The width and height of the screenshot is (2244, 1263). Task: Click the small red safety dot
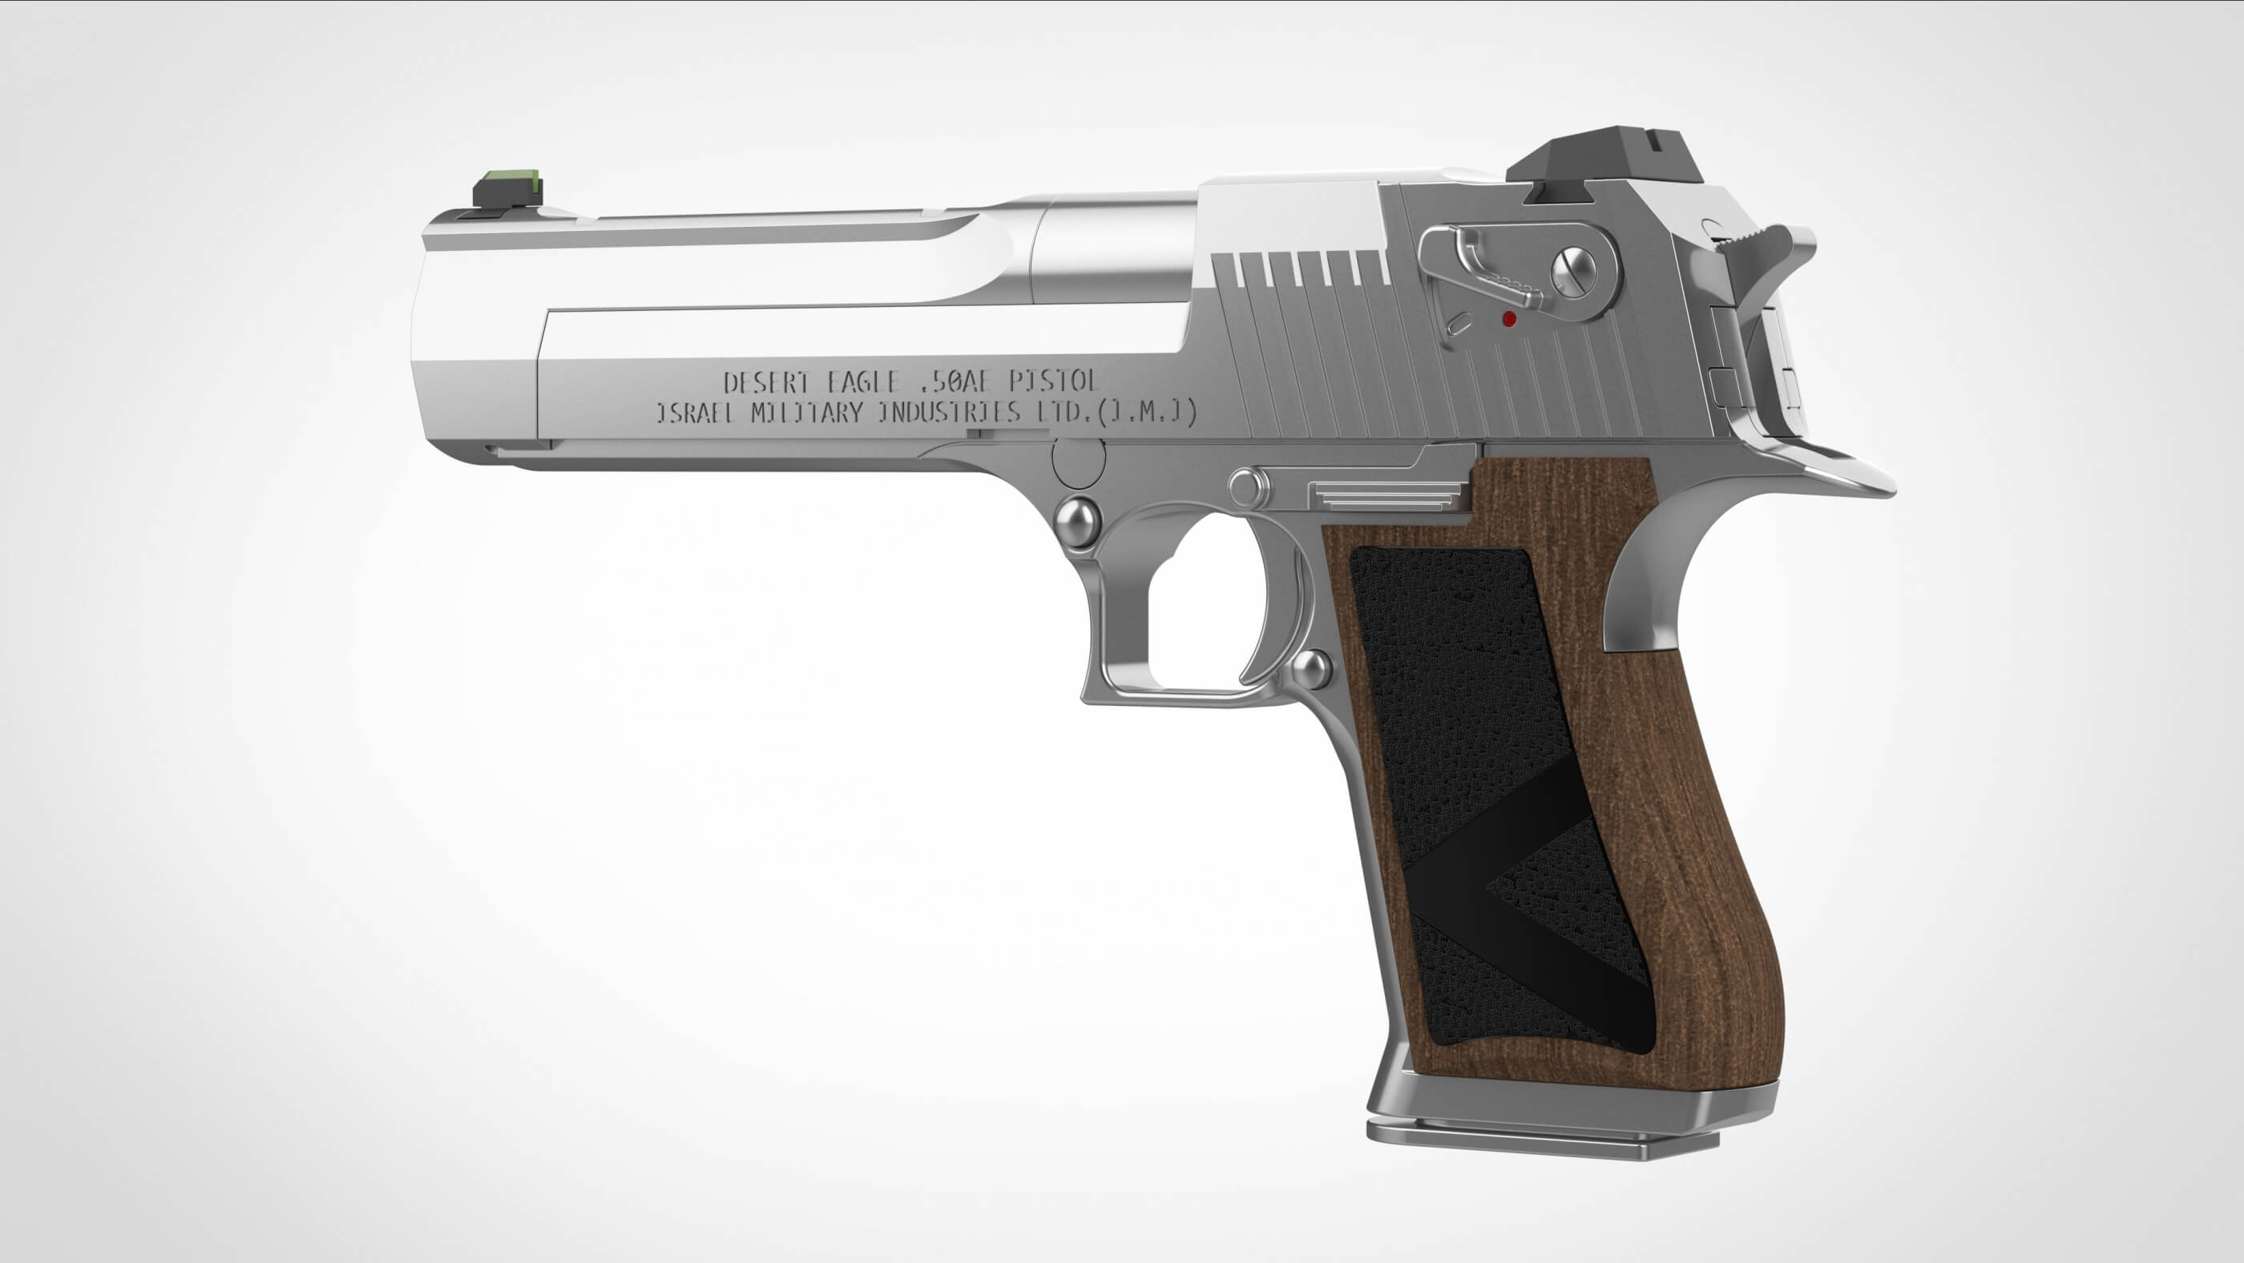tap(1511, 320)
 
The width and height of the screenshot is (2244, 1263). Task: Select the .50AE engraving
tap(958, 381)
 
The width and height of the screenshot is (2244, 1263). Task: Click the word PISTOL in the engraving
tap(1054, 381)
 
